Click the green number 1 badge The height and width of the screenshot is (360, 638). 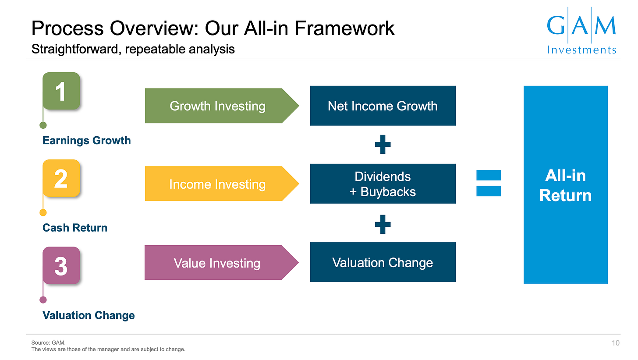tap(61, 91)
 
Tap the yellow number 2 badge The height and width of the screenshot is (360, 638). tap(61, 178)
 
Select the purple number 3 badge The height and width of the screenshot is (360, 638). tap(61, 265)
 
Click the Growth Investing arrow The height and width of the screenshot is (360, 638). tap(222, 106)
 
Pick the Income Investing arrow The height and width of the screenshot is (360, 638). tap(222, 184)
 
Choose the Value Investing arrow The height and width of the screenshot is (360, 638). tap(222, 263)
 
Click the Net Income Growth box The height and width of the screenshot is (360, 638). tap(383, 106)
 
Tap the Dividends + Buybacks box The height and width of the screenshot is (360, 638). tap(383, 184)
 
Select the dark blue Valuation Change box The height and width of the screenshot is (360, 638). tap(383, 262)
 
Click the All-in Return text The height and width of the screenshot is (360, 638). tap(566, 186)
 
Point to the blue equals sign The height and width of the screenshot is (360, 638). tap(489, 183)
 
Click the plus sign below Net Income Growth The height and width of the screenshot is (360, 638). tap(383, 144)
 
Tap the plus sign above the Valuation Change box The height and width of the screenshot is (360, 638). tap(383, 224)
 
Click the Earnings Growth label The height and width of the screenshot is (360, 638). tap(87, 141)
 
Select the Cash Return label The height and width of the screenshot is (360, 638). tap(75, 228)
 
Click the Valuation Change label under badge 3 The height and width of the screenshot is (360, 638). tap(89, 315)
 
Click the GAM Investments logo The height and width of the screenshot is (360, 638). tap(581, 31)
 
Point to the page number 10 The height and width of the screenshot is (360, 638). tap(616, 343)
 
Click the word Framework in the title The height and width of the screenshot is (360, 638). tap(344, 28)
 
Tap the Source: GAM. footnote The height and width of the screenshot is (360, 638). tap(48, 342)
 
